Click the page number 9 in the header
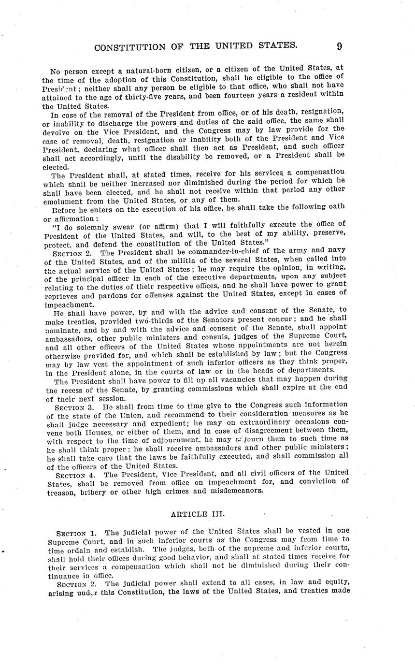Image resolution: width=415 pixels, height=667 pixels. [x=339, y=46]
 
